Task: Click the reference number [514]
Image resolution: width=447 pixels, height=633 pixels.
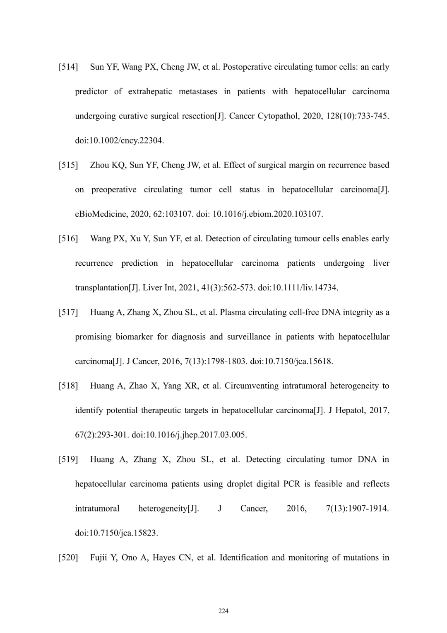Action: click(x=68, y=67)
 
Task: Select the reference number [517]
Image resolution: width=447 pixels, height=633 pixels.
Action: click(x=68, y=312)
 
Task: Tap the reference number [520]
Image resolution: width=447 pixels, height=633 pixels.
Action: click(x=68, y=558)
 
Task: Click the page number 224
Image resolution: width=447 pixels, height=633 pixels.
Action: click(x=223, y=611)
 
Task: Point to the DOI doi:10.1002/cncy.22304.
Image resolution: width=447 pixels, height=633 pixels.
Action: click(x=119, y=141)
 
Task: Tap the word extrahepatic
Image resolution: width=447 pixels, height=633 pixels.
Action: click(x=150, y=92)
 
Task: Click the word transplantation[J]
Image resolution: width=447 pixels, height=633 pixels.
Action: click(x=107, y=288)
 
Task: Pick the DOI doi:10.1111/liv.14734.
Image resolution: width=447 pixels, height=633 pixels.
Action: click(x=298, y=288)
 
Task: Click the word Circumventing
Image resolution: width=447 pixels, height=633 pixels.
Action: click(x=252, y=386)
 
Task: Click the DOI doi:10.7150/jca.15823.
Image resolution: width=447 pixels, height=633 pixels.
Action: click(x=116, y=533)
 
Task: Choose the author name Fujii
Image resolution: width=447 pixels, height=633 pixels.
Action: click(x=99, y=558)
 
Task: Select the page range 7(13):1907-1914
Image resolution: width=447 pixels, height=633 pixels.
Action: click(x=358, y=509)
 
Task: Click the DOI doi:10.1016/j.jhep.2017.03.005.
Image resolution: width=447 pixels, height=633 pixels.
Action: click(x=189, y=435)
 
